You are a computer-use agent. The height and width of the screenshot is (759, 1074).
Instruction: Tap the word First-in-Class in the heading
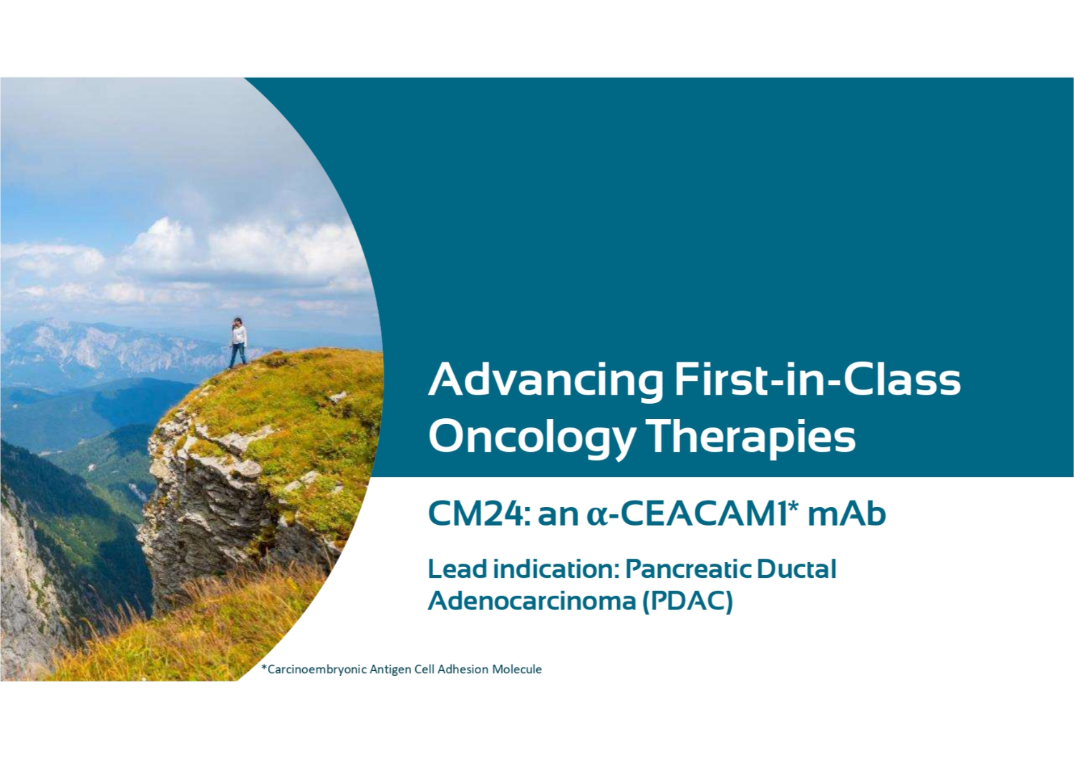818,379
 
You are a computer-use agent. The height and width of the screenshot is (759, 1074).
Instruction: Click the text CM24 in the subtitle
478,514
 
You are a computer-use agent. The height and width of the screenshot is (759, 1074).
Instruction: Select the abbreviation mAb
847,514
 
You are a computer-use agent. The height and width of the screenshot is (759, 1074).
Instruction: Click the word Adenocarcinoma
532,600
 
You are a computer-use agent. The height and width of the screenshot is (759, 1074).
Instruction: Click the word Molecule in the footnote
517,669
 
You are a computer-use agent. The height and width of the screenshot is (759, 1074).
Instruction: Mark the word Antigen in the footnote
391,669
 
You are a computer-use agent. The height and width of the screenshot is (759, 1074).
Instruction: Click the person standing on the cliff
238,342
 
